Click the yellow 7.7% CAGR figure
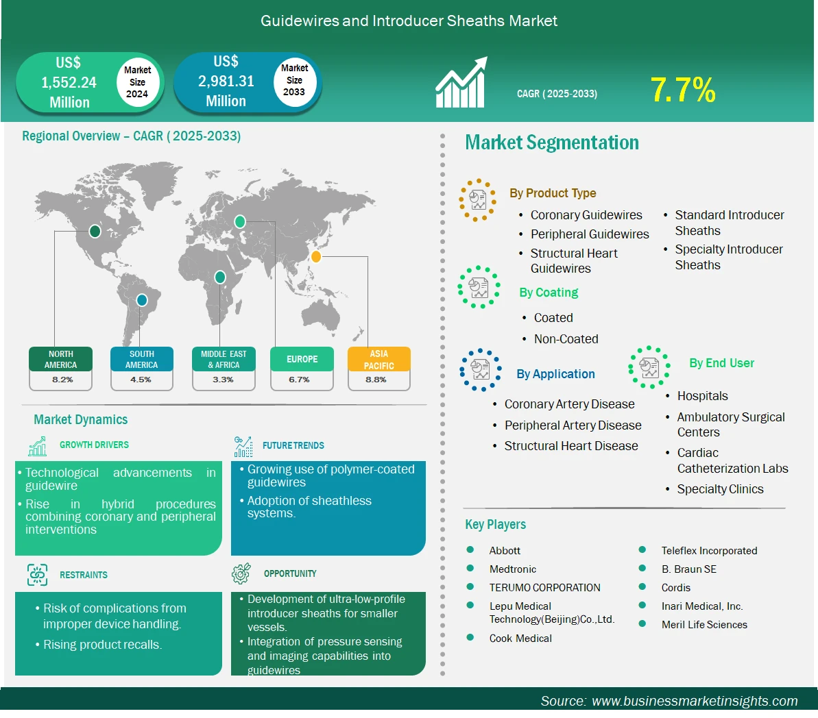tap(682, 90)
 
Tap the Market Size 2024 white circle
tap(137, 82)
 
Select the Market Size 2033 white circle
tap(295, 81)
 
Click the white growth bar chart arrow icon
tap(461, 82)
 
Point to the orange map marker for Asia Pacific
tap(315, 256)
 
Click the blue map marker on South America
tap(142, 300)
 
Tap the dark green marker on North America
tap(95, 231)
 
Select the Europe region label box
tap(302, 359)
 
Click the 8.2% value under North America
tap(62, 380)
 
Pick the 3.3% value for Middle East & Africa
tap(224, 380)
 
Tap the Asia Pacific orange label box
tap(379, 359)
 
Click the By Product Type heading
tap(553, 193)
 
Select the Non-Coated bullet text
tap(566, 339)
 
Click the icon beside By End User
tap(649, 367)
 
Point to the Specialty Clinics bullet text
tap(720, 489)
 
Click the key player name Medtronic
tap(513, 569)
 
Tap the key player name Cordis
tap(675, 588)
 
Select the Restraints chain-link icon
tap(38, 575)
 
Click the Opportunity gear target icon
tap(241, 573)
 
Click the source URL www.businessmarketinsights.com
tap(695, 701)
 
